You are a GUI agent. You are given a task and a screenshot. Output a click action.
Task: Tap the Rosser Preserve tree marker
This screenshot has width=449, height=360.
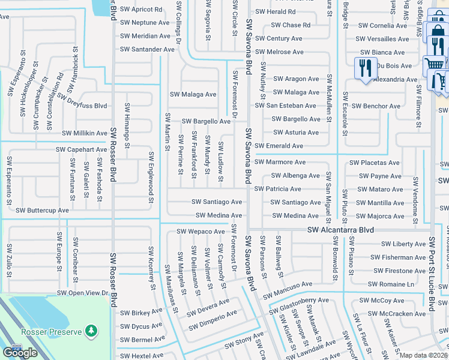coord(91,331)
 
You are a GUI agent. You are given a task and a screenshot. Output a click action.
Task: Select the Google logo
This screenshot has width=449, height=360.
coord(20,353)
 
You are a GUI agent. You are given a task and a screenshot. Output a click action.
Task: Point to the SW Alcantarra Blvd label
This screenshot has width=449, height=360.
coord(340,230)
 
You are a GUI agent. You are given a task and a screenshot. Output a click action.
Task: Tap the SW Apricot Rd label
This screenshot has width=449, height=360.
coord(142,10)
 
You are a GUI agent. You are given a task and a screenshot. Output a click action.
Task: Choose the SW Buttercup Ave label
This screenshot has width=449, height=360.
coord(42,211)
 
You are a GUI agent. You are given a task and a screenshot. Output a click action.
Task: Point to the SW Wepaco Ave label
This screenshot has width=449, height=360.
coord(200,232)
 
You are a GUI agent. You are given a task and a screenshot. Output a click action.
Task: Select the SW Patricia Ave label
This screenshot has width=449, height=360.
coord(278,189)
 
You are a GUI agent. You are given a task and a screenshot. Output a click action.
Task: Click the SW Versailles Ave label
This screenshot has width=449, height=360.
coord(383,39)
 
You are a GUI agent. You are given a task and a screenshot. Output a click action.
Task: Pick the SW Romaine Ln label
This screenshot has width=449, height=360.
coord(391,284)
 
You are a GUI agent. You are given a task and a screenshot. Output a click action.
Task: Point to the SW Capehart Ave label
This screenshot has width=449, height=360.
coord(81,149)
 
